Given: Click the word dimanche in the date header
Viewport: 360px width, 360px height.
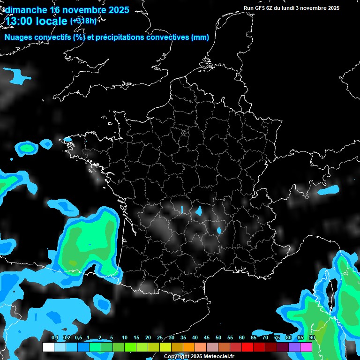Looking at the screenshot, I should coord(25,10).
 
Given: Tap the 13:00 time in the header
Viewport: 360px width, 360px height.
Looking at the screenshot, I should coord(20,21).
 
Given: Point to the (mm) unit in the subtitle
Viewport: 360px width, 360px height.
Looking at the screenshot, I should coord(200,37).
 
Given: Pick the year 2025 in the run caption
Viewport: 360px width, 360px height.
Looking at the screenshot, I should coord(330,8).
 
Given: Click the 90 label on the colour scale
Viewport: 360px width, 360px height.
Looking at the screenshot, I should coord(312,337).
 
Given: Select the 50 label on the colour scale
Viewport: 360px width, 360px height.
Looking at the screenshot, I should coord(218,337).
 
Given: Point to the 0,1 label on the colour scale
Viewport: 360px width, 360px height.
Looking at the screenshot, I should coord(54,337).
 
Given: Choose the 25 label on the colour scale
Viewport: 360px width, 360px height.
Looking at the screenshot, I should coord(160,337).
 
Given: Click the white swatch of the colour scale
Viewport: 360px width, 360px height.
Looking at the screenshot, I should coord(48,347).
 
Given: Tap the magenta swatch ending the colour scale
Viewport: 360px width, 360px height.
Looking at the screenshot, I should coord(306,347).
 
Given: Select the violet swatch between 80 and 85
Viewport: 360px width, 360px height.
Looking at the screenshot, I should coord(294,347).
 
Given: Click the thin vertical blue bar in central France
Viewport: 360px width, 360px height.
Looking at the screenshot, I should coord(182,209).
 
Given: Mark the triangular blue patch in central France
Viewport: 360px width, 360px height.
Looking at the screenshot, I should coord(199,211).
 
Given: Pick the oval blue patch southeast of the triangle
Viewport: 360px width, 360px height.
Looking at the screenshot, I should coord(219,230).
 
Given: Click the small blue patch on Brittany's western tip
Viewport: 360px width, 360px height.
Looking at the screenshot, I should coord(68,139).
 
